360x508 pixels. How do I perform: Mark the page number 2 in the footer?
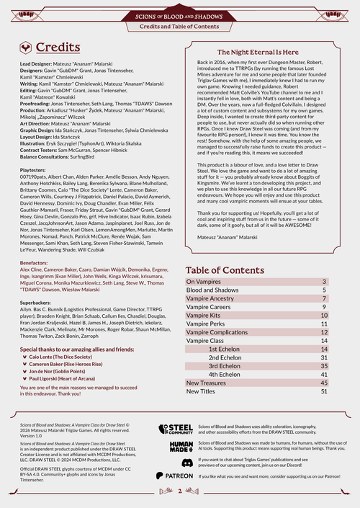[179, 491]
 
